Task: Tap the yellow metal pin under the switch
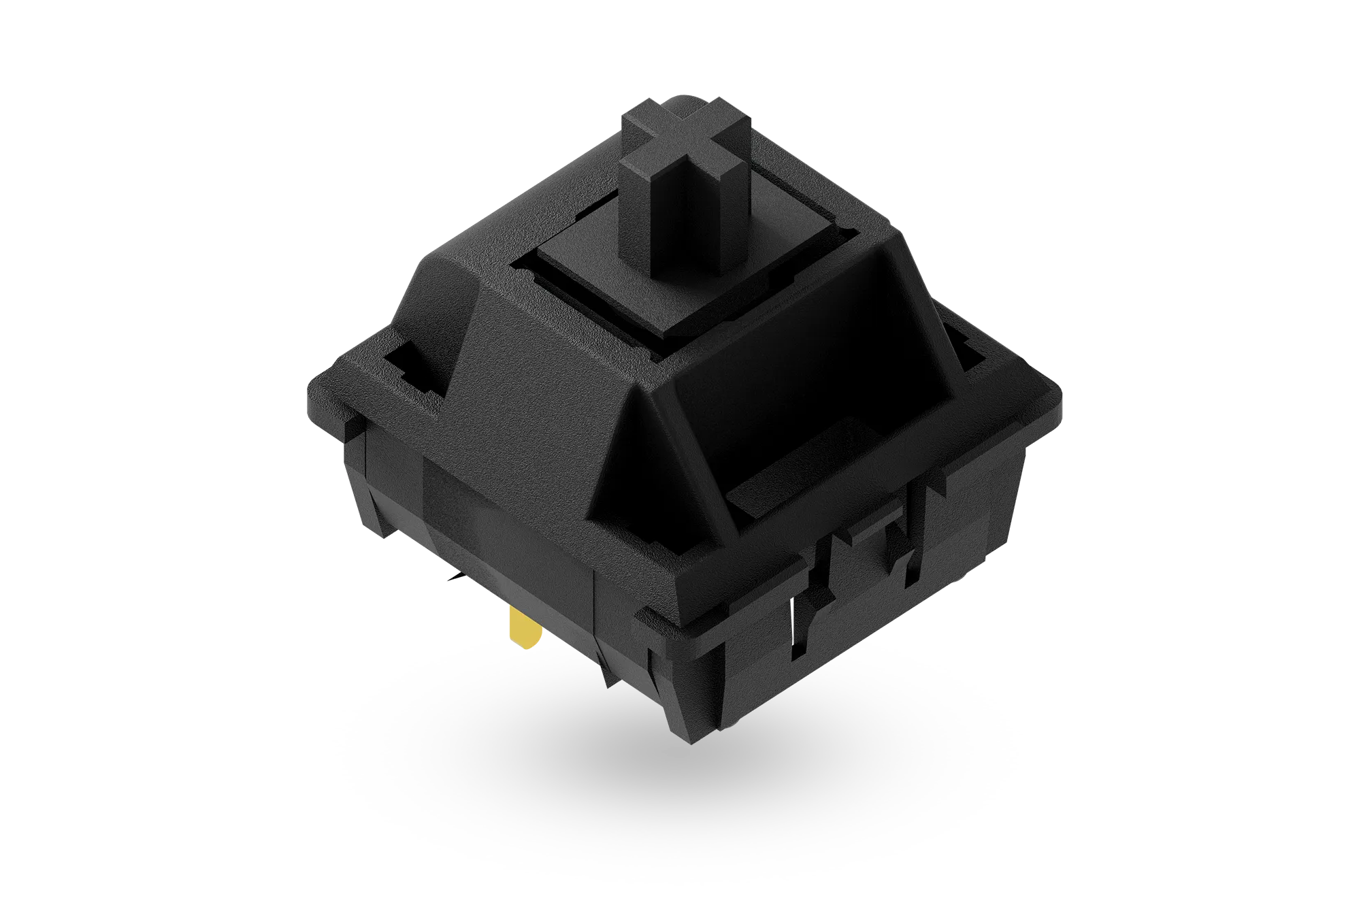[524, 629]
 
